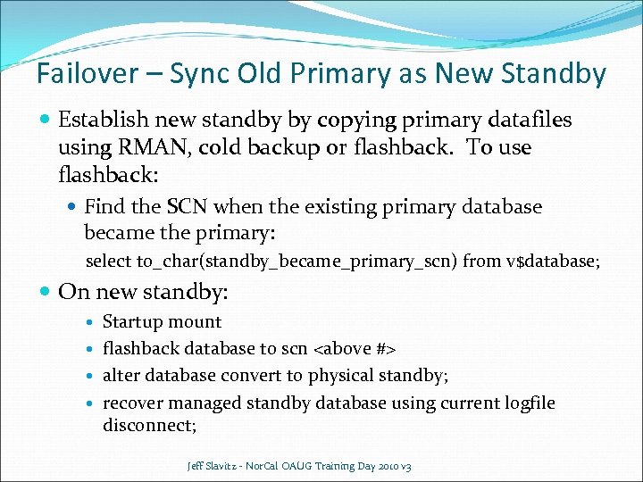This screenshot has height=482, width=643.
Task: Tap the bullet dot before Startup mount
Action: click(x=92, y=322)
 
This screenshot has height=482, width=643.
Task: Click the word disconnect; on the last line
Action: click(x=149, y=425)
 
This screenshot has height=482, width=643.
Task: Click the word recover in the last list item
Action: click(x=132, y=403)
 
